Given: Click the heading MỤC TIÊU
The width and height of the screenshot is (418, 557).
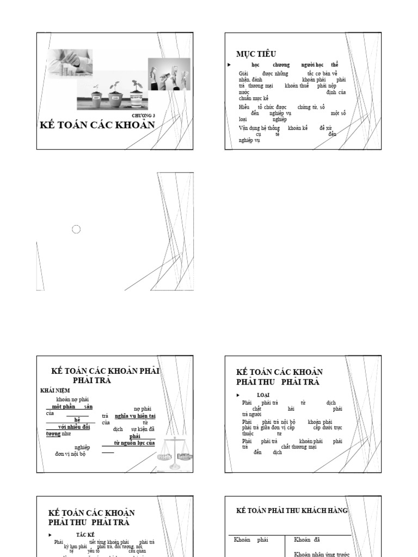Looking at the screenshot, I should point(256,54).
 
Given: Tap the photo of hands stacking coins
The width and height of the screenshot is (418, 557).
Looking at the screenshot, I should point(69,64).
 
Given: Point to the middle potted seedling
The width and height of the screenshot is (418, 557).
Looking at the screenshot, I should point(115,94).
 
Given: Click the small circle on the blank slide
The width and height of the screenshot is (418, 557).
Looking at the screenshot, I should point(76,230).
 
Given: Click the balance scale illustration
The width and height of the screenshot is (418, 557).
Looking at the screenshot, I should point(175,452).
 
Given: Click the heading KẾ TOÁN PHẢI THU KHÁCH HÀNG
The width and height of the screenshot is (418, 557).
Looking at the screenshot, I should point(291,511).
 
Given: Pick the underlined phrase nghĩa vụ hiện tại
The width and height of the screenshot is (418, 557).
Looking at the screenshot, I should point(135,416).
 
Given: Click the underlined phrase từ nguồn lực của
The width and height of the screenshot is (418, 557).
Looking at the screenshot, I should point(134,443).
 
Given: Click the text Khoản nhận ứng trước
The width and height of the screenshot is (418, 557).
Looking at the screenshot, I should point(322,554).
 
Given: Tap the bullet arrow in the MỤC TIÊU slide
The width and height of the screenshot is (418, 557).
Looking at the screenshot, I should point(229,65).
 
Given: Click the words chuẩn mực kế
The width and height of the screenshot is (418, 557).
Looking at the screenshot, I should point(254,98).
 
